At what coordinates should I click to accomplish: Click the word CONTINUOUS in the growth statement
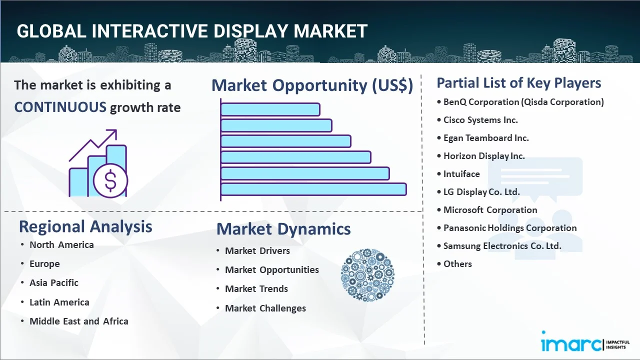pyautogui.click(x=60, y=107)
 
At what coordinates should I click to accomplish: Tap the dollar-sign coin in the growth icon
pyautogui.click(x=110, y=181)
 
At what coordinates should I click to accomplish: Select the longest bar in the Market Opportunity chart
pyautogui.click(x=313, y=189)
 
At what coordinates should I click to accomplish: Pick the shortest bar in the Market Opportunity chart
pyautogui.click(x=270, y=109)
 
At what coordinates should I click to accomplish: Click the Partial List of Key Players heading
pyautogui.click(x=519, y=83)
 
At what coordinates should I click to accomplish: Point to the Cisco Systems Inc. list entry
pyautogui.click(x=480, y=120)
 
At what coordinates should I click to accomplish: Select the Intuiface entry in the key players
pyautogui.click(x=461, y=174)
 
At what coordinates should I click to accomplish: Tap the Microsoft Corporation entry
pyautogui.click(x=490, y=210)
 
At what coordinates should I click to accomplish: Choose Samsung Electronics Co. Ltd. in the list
pyautogui.click(x=502, y=246)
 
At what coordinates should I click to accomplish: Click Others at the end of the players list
pyautogui.click(x=457, y=264)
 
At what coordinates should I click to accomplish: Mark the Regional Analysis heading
pyautogui.click(x=85, y=227)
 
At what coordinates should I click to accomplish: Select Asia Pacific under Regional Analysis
pyautogui.click(x=54, y=283)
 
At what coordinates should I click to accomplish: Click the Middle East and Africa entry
pyautogui.click(x=79, y=321)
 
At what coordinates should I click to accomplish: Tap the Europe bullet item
pyautogui.click(x=44, y=264)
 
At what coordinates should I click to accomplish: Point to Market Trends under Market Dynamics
pyautogui.click(x=256, y=289)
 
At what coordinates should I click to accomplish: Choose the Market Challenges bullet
pyautogui.click(x=265, y=308)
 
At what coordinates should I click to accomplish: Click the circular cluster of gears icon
pyautogui.click(x=367, y=275)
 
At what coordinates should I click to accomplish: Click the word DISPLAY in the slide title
pyautogui.click(x=250, y=31)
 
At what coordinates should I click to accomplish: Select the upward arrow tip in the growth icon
pyautogui.click(x=115, y=130)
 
